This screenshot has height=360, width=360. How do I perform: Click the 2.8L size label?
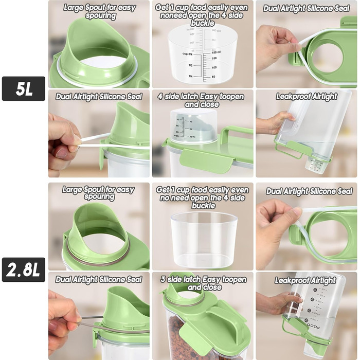(24, 269)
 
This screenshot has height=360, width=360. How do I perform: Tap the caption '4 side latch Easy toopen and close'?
(202, 100)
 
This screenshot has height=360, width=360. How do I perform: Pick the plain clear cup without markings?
(204, 239)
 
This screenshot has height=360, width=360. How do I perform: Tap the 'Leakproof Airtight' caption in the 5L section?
(307, 96)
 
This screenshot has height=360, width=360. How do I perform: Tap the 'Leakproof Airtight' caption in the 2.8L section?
(305, 280)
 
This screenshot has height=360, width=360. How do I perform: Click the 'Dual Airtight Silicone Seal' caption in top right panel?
(307, 8)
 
